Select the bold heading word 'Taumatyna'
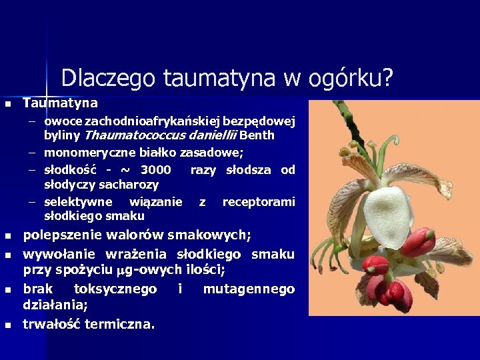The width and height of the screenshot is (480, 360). pos(60,103)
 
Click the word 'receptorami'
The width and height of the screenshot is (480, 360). pos(259,202)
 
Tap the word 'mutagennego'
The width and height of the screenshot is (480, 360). pos(249,289)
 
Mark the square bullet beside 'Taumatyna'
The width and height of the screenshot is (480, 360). pos(8,105)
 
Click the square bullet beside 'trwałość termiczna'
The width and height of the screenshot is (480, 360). pos(8,326)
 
